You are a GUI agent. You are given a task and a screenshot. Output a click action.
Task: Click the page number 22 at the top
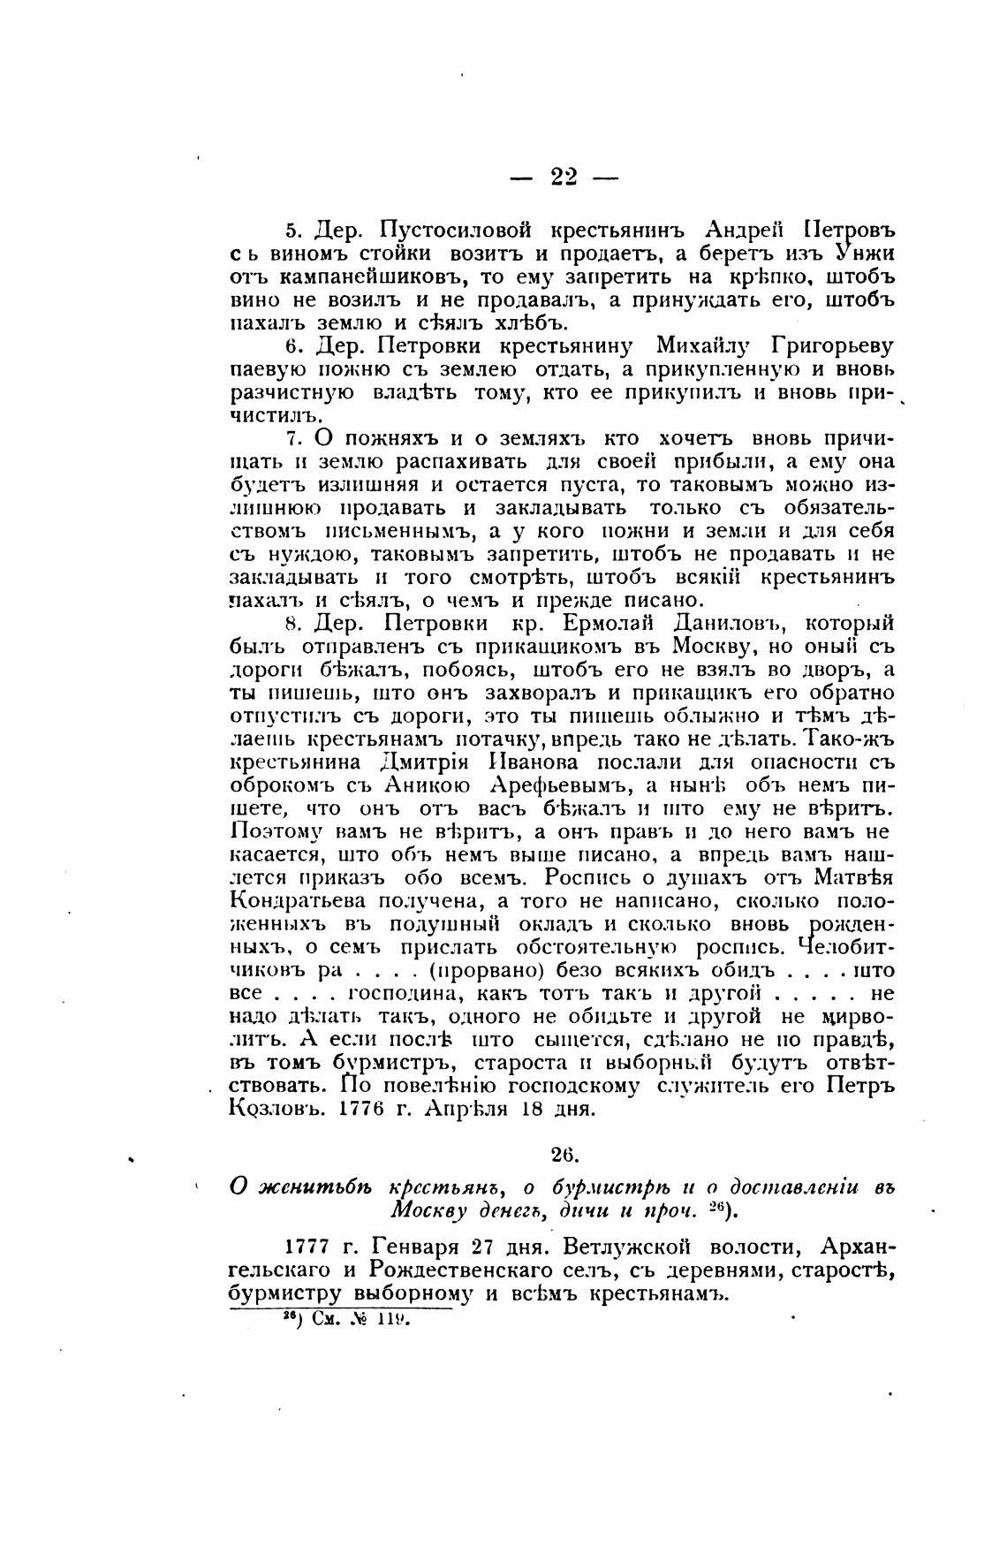564,177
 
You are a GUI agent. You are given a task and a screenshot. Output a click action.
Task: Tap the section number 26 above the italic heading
563,1154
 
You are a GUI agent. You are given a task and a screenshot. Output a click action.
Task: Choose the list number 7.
293,439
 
